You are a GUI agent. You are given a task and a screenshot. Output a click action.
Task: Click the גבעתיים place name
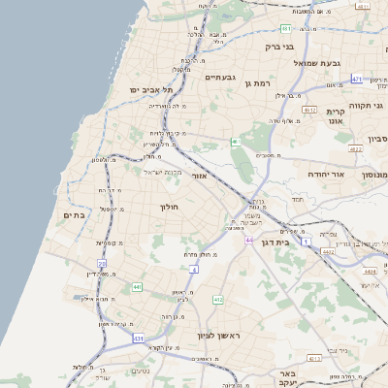click(x=218, y=78)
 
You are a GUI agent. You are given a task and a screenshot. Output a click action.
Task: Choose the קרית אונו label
click(x=337, y=116)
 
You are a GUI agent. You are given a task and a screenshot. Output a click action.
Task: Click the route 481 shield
click(x=286, y=29)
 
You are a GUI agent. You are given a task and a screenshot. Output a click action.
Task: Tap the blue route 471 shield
click(x=357, y=80)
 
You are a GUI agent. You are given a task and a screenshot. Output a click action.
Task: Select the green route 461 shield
click(x=235, y=143)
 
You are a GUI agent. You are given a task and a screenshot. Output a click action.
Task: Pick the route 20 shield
click(x=102, y=263)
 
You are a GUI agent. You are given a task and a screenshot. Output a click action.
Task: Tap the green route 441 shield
click(x=137, y=287)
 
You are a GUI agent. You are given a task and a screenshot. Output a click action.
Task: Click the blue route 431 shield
click(x=139, y=339)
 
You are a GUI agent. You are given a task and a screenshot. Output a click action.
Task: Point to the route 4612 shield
click(x=309, y=111)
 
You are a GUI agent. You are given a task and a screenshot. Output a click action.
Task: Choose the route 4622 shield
click(x=356, y=149)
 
